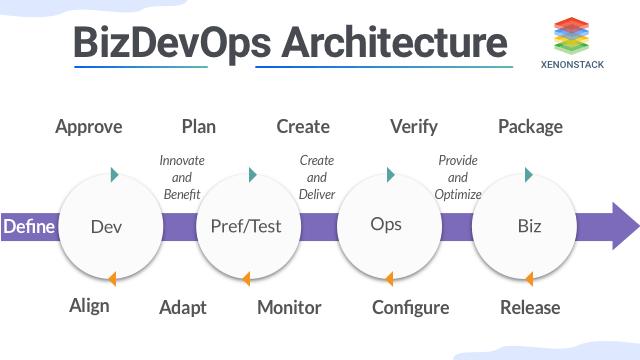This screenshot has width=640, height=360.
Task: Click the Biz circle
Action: [530, 226]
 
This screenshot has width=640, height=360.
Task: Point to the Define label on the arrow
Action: [28, 226]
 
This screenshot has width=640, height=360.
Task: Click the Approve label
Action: [89, 127]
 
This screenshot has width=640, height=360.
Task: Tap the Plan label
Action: [199, 127]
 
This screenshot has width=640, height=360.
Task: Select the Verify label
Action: [414, 127]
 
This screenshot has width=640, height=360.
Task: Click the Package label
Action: [530, 127]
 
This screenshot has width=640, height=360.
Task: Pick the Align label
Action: [89, 307]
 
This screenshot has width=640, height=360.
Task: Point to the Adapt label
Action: [183, 307]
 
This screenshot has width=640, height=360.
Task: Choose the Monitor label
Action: [289, 307]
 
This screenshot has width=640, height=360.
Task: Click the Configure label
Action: [410, 307]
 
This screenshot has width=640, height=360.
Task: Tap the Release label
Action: [530, 307]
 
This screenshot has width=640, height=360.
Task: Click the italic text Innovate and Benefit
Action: [181, 177]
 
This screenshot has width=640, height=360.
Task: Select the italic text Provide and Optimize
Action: [459, 177]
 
